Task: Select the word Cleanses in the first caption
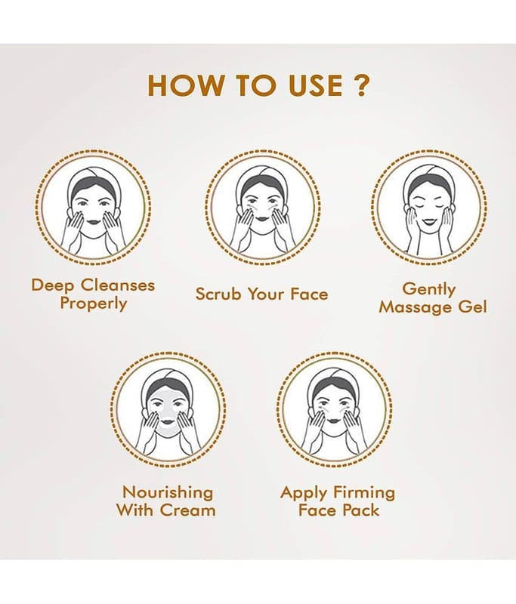tap(118, 285)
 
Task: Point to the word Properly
tap(93, 304)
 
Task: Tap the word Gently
tap(429, 290)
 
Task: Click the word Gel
tap(472, 307)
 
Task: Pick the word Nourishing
tap(168, 493)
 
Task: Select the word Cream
tap(187, 510)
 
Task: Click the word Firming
tap(364, 493)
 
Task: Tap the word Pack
tap(362, 510)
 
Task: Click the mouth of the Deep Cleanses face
tap(92, 222)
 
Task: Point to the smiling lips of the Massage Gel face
tap(428, 222)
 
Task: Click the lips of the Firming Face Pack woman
tap(333, 423)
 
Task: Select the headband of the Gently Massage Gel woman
tap(428, 176)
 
